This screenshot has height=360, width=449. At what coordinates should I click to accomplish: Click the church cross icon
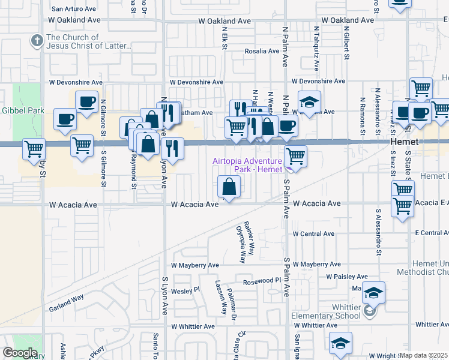pos(37,41)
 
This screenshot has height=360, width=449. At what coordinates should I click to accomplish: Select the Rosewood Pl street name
pos(262,281)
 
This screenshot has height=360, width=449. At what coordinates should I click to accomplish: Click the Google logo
pos(20,353)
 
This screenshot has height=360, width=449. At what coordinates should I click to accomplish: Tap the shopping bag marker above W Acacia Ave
pos(229,186)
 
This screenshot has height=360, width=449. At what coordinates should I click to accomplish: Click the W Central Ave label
pos(313,233)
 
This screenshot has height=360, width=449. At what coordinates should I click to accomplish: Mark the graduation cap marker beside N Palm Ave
pos(309,103)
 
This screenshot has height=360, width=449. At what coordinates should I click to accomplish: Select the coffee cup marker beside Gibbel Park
pos(64,118)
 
